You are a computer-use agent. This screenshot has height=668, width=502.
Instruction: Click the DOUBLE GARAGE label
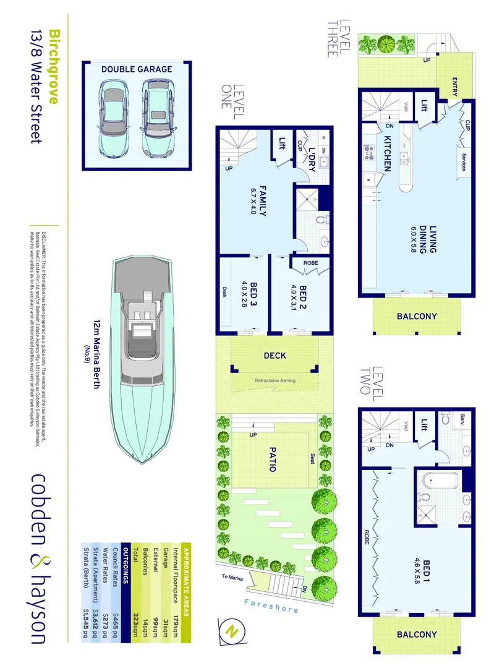point(137,69)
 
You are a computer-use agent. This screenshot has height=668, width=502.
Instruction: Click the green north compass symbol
point(232,631)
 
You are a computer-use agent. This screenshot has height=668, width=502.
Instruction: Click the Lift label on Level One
point(283,143)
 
